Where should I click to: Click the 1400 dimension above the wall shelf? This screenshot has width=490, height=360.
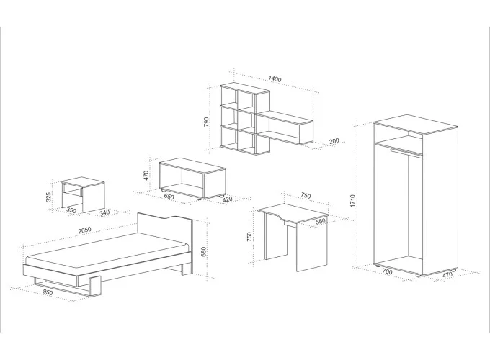[x=275, y=79]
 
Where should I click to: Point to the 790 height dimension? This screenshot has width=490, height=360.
[x=206, y=121]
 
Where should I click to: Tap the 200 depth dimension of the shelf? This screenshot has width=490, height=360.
[x=334, y=141]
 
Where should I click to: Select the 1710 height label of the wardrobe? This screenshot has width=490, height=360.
[x=352, y=201]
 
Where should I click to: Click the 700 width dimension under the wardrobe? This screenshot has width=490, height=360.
[x=387, y=271]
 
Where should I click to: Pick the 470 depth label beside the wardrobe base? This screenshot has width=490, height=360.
[x=447, y=275]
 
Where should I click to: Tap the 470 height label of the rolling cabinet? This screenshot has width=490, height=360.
[x=146, y=176]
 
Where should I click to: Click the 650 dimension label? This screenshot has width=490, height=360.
[x=169, y=197]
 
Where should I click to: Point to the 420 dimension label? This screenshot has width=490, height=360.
[x=227, y=199]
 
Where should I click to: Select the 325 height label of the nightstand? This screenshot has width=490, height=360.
[x=48, y=197]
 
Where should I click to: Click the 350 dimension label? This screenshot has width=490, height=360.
[x=71, y=210]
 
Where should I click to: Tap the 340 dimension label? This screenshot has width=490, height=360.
[x=104, y=212]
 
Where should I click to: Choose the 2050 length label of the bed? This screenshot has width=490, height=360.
[x=84, y=230]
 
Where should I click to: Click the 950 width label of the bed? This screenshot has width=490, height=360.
[x=48, y=292]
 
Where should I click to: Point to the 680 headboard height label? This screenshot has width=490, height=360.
[x=203, y=252]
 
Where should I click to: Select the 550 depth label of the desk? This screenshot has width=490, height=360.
[x=321, y=221]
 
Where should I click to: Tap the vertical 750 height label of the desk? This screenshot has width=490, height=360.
[x=249, y=237]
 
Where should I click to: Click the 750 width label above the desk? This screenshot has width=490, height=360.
[x=306, y=196]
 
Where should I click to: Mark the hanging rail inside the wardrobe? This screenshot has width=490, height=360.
[x=406, y=152]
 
